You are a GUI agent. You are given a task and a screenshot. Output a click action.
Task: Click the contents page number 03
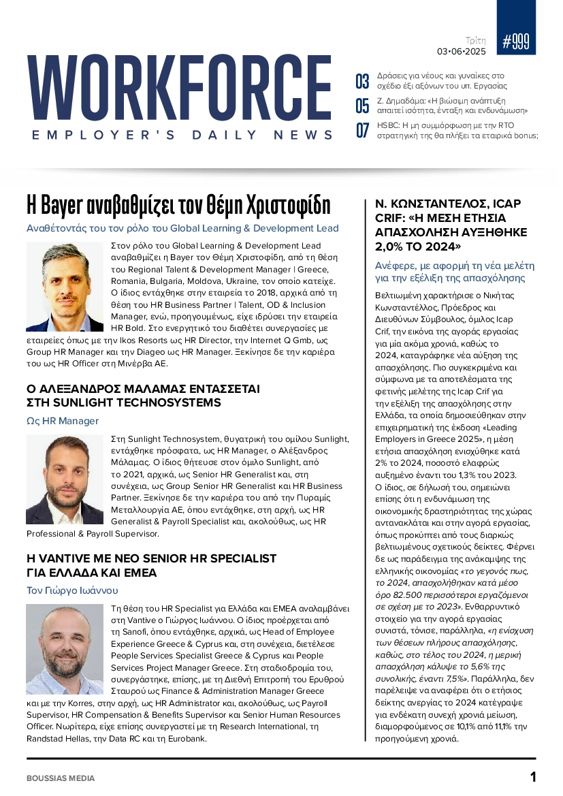point(362,82)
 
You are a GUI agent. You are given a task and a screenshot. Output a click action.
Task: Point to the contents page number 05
point(362,106)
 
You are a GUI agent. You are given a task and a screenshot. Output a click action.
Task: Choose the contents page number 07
point(362,130)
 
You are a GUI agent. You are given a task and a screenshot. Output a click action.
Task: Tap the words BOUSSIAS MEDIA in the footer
point(61,778)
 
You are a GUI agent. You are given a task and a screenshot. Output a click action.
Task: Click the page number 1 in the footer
point(533,777)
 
